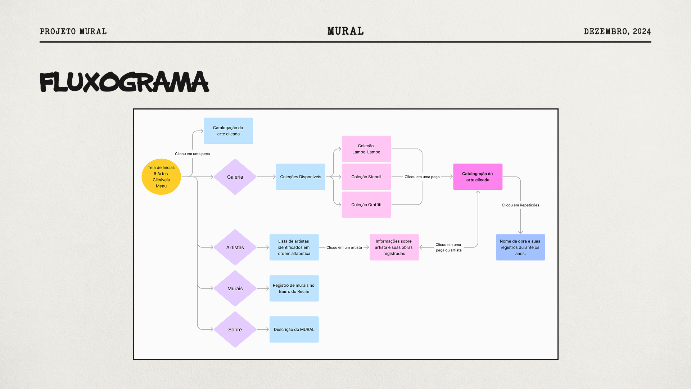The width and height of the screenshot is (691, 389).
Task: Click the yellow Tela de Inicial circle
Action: pos(161,177)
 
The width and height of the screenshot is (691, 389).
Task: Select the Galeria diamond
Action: pos(235,177)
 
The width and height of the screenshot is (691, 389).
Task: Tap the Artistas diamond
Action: pos(235,247)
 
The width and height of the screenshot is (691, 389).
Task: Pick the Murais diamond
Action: pos(235,289)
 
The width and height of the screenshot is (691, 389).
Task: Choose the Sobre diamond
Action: pos(235,330)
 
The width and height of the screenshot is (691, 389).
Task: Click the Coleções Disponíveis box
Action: pos(301,177)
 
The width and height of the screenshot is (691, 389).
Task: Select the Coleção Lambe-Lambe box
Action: pos(366,149)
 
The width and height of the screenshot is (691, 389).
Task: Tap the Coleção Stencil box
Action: pos(366,177)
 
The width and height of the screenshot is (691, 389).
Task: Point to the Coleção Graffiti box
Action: pos(366,205)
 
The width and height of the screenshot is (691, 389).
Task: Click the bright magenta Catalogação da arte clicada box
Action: pos(478,177)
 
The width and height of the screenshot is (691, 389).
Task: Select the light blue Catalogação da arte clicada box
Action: pos(228,131)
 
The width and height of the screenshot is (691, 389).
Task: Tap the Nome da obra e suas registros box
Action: pos(520,247)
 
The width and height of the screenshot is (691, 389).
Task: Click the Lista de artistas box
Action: pos(294,247)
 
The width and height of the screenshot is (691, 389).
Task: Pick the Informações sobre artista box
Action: pos(394,247)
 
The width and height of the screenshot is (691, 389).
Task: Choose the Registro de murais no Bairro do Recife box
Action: pos(294,289)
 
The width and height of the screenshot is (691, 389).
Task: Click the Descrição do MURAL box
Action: pos(294,330)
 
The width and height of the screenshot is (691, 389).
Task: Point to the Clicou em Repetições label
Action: pos(520,205)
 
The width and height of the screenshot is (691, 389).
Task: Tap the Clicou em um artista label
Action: pos(344,247)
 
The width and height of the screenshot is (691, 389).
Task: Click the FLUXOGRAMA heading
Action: pos(124,82)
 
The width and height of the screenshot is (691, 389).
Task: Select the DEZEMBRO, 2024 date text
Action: pos(617,32)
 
